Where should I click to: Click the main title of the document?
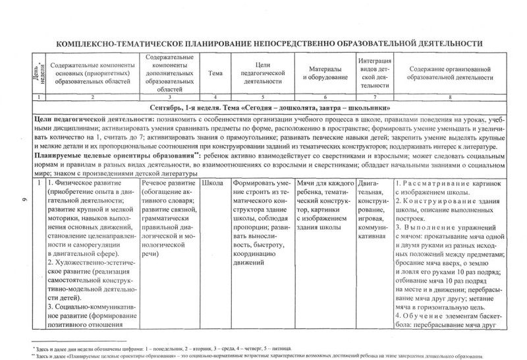click(x=270, y=43)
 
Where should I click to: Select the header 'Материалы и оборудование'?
click(x=325, y=74)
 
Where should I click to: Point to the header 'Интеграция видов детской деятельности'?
click(x=375, y=73)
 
